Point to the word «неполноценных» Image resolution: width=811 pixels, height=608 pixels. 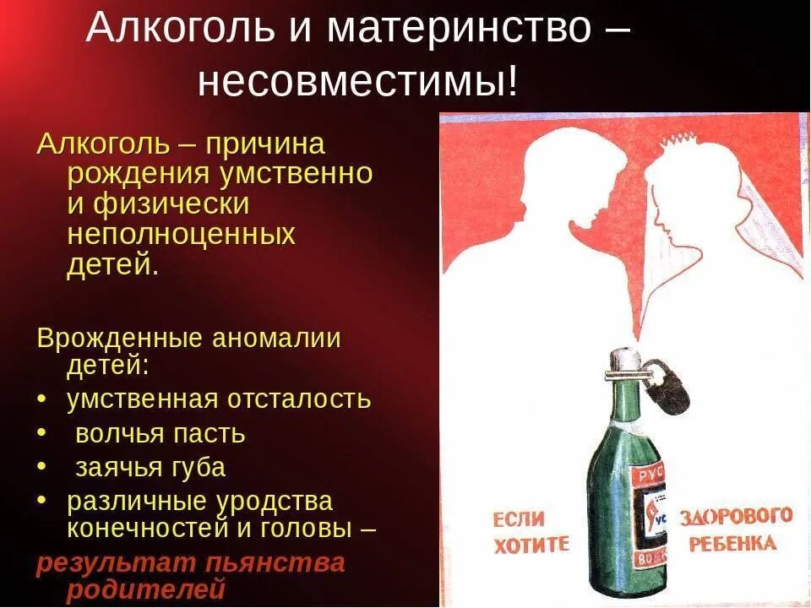pyautogui.click(x=181, y=233)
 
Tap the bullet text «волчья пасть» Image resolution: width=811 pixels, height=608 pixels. pyautogui.click(x=161, y=434)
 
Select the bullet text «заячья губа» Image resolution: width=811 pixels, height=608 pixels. pyautogui.click(x=150, y=467)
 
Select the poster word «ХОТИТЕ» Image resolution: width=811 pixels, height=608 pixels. pyautogui.click(x=531, y=544)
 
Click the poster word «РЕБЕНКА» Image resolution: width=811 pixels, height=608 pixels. pyautogui.click(x=732, y=542)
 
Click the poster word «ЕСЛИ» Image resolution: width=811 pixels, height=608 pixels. pyautogui.click(x=519, y=517)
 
